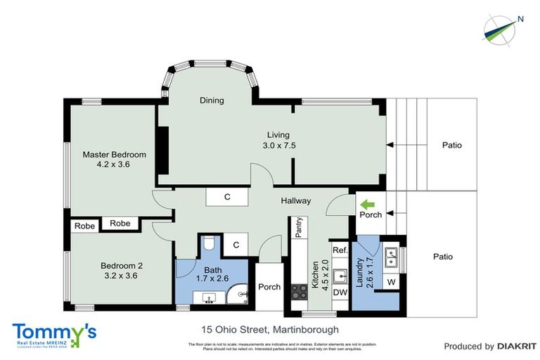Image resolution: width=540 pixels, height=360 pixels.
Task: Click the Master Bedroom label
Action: pos(114,160)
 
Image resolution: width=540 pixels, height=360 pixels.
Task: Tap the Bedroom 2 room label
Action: pos(122,270)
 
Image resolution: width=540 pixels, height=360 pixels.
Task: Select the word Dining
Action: pos(212,101)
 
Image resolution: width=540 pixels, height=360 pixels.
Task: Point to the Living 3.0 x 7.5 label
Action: pos(278,140)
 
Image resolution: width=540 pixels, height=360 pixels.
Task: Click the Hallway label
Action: pos(296,201)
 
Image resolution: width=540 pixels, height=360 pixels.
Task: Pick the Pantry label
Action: pos(298,228)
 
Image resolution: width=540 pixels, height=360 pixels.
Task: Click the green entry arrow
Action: pos(367,204)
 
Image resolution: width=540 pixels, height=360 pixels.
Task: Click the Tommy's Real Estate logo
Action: pos(55,335)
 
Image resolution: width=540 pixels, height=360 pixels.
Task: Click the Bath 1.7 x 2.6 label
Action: pos(213,275)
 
